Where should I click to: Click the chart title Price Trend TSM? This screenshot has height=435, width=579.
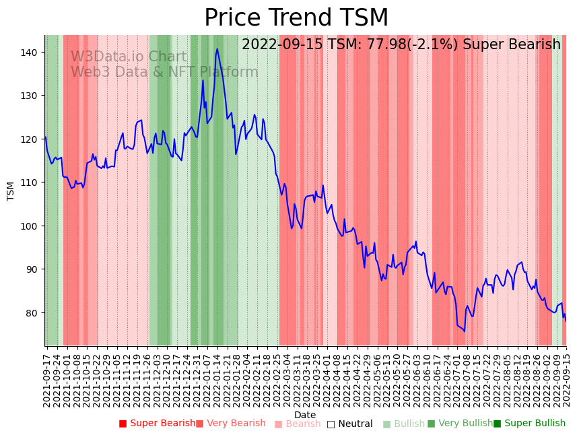(x=296, y=18)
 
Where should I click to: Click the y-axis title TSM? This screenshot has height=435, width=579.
(x=11, y=191)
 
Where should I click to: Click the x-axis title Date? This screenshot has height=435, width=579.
(x=305, y=415)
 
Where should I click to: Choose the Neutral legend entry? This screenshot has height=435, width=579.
(x=349, y=424)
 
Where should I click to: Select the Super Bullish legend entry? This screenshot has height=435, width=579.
(x=529, y=424)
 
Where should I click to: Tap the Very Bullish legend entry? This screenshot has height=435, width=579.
(x=460, y=424)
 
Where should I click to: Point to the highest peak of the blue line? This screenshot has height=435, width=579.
(x=217, y=48)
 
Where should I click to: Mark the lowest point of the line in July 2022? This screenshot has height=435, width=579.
(x=465, y=331)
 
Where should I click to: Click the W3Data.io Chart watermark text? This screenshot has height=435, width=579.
(x=129, y=57)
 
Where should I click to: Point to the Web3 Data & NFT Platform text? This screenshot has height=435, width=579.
(x=164, y=72)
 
